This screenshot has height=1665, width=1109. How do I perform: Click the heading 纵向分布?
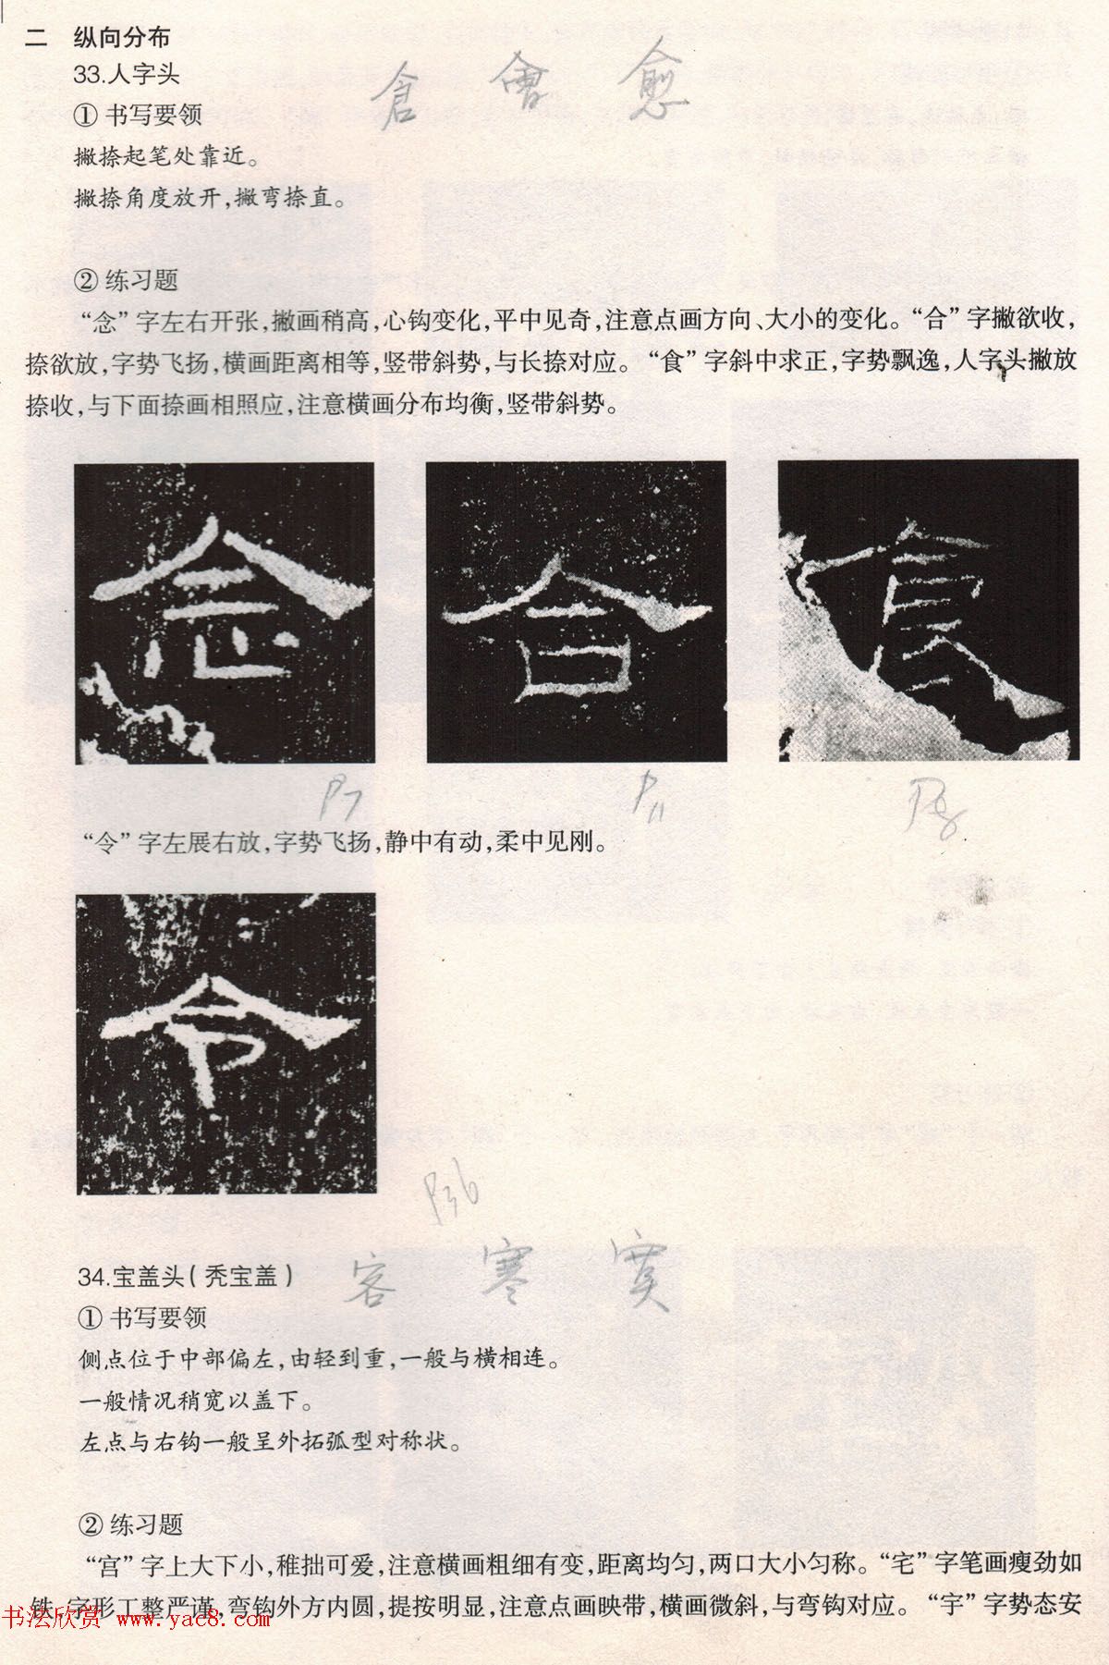click(x=121, y=38)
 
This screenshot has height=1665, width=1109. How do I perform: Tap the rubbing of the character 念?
click(x=225, y=613)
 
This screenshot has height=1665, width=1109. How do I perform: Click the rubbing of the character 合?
click(x=576, y=611)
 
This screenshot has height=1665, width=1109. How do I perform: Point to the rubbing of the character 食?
click(x=928, y=609)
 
